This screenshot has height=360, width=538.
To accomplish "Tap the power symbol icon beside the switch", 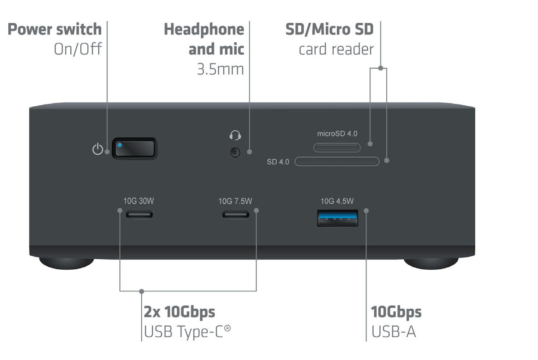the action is (97, 150).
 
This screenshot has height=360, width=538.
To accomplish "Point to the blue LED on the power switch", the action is (120, 144).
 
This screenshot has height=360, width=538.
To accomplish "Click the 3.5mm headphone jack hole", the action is (235, 153).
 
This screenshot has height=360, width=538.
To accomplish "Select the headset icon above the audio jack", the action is (235, 135).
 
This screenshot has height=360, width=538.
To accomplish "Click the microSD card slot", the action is (337, 147).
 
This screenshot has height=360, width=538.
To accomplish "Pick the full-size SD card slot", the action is (337, 162).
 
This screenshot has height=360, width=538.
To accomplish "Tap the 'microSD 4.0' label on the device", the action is (337, 134).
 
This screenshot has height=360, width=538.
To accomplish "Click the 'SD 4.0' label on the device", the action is (278, 162).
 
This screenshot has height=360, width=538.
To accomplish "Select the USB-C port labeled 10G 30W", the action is (140, 214).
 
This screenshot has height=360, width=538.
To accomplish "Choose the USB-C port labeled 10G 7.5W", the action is (235, 214).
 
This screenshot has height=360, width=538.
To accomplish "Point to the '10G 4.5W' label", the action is (337, 201).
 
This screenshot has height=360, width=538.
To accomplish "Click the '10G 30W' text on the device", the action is (139, 201).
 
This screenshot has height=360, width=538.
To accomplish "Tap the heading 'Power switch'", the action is (55, 29).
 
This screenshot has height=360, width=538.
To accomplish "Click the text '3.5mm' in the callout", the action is (220, 69).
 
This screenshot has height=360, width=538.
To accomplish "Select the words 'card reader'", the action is (336, 49).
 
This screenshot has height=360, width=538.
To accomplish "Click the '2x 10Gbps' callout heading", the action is (180, 312).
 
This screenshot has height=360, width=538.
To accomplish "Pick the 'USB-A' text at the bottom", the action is (393, 332).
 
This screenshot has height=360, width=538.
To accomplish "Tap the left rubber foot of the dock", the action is (67, 263).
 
